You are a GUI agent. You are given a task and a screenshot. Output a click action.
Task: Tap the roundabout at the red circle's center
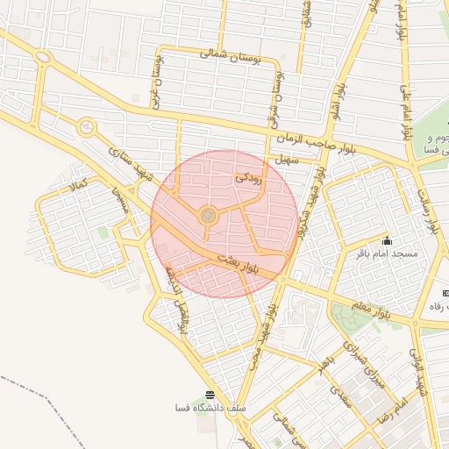tap(208, 215)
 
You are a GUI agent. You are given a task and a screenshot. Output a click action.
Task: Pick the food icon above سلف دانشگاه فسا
tap(209, 396)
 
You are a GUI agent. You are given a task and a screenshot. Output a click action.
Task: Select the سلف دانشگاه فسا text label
tap(210, 409)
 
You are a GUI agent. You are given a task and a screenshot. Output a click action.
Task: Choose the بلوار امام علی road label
tap(405, 110)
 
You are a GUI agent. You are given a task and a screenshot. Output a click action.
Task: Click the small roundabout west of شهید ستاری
tap(86, 128)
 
